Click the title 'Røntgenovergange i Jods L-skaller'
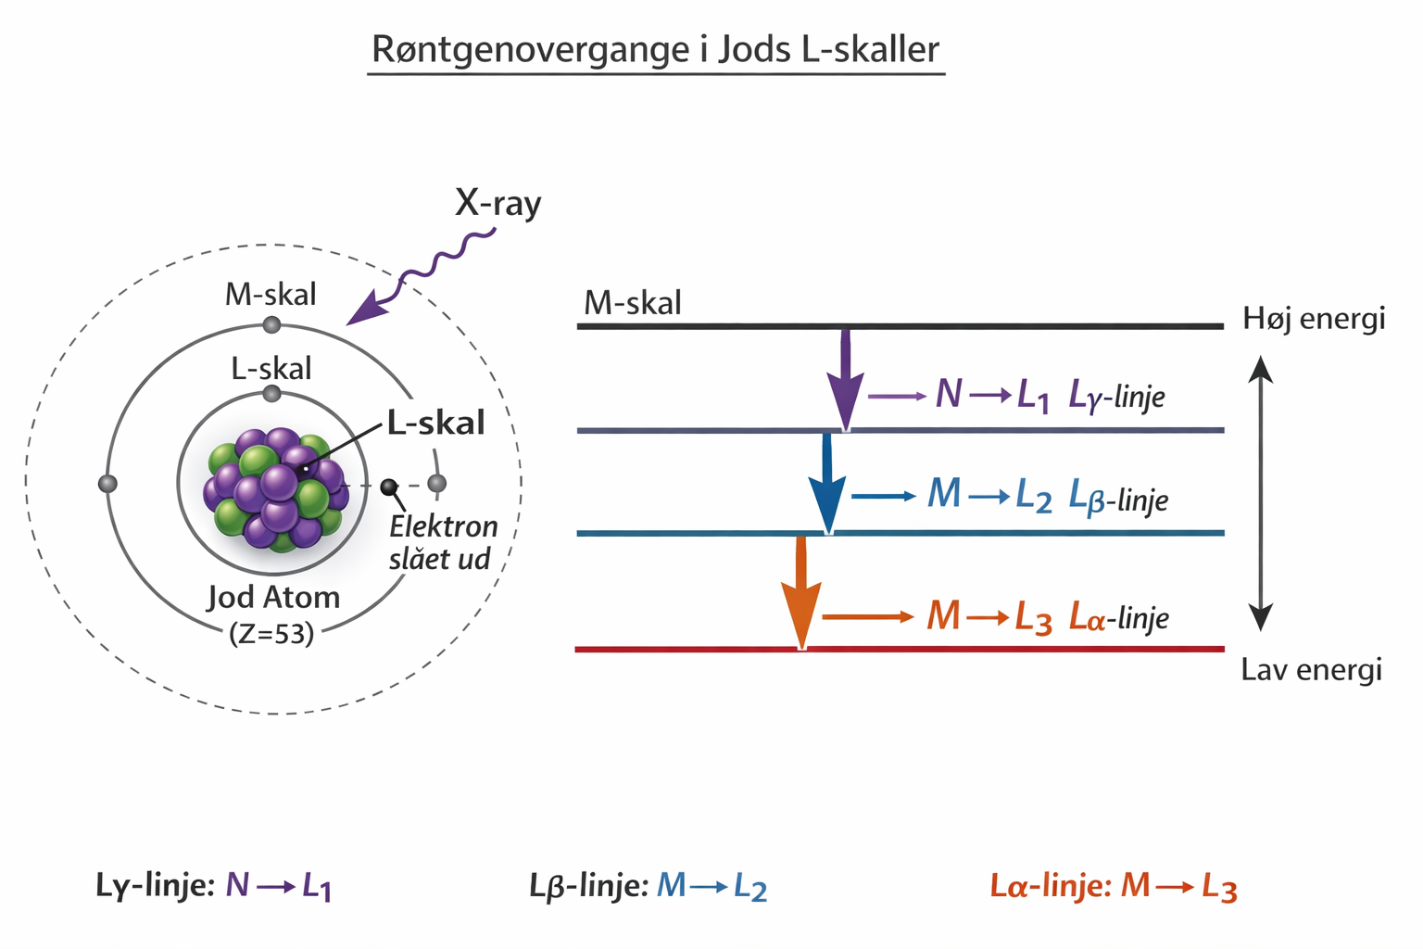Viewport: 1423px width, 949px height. [655, 49]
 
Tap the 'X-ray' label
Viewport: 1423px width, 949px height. [497, 203]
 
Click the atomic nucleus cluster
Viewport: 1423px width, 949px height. [276, 488]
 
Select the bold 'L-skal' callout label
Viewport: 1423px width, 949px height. [435, 424]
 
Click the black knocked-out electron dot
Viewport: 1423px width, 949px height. [389, 487]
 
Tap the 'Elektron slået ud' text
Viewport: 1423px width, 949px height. [442, 543]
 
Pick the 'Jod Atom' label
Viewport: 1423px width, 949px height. [273, 597]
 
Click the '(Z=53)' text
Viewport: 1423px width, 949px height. [271, 633]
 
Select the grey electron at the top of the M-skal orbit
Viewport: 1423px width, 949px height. [271, 324]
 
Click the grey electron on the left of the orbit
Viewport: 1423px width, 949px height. [107, 484]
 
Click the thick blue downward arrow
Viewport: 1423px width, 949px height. [827, 485]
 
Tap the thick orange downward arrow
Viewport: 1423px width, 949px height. [801, 593]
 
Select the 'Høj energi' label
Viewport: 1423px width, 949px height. [1314, 319]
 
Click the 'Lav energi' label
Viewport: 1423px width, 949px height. [1311, 670]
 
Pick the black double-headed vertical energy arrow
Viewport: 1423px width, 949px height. [1260, 493]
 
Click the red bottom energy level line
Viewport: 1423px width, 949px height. [899, 649]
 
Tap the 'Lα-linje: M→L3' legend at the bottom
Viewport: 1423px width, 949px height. [1113, 887]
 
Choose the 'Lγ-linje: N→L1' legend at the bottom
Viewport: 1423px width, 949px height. [214, 886]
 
